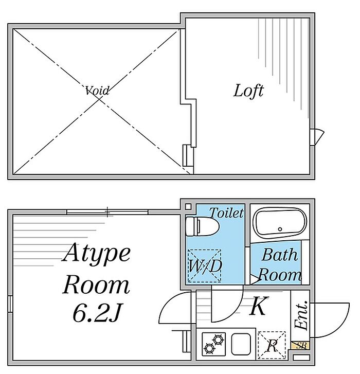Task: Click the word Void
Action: [x=97, y=91]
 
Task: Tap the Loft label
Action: [x=248, y=91]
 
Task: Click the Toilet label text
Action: [x=226, y=212]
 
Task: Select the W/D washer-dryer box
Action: [x=205, y=266]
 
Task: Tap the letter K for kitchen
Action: [x=258, y=307]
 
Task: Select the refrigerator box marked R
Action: [x=272, y=344]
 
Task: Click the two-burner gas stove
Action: [x=214, y=343]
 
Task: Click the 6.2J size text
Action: [x=98, y=313]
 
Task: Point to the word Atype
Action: [x=97, y=255]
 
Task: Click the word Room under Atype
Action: [x=96, y=284]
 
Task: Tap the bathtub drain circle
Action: [x=280, y=228]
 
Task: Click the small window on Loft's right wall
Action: [x=318, y=137]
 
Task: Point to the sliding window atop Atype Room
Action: [x=107, y=211]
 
